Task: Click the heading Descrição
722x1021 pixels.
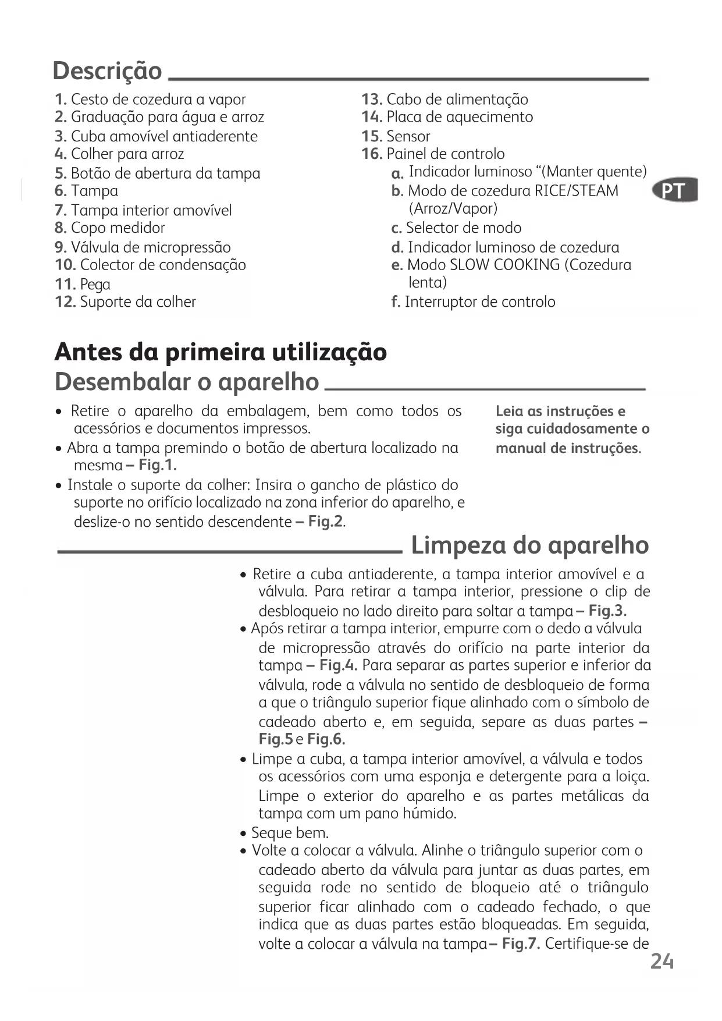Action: click(x=107, y=71)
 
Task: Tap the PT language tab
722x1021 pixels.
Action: click(x=675, y=191)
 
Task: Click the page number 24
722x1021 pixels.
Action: click(x=661, y=961)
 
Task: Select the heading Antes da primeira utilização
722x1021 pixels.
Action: click(x=220, y=352)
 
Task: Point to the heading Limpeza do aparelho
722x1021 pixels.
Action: click(x=529, y=545)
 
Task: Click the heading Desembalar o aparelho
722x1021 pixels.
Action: click(x=187, y=382)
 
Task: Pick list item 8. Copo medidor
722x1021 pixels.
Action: click(x=110, y=228)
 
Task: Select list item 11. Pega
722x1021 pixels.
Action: click(x=83, y=285)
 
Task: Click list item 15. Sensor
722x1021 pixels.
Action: click(x=396, y=137)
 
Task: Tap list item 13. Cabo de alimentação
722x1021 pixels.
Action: click(x=444, y=100)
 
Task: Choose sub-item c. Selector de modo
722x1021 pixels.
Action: click(x=457, y=228)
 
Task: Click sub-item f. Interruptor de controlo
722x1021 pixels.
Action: click(x=474, y=302)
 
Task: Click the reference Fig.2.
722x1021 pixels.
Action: click(x=326, y=522)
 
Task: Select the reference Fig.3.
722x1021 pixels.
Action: click(x=607, y=611)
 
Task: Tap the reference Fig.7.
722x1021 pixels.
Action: click(x=521, y=944)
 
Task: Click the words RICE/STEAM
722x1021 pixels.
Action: click(x=577, y=191)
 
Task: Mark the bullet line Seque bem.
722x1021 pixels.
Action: click(x=290, y=832)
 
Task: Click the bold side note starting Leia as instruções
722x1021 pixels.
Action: click(x=572, y=430)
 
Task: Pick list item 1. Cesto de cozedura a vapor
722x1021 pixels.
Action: click(x=150, y=100)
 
